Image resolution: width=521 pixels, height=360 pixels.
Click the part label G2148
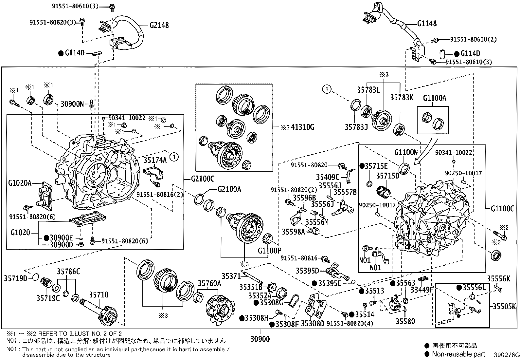coord(159,25)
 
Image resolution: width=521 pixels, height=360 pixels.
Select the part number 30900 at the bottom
coord(260,339)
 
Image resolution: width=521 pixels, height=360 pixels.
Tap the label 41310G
coord(302,127)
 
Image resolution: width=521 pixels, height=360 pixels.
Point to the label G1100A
coord(435,98)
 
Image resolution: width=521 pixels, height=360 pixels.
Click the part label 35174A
coord(155,160)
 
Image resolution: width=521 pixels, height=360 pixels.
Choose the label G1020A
coord(20,183)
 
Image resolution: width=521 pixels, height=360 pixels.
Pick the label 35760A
coord(209,283)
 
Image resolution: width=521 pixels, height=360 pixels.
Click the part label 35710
coord(99,295)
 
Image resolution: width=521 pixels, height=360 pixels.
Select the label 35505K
coord(504,307)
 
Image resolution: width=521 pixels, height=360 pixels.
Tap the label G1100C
coord(502,208)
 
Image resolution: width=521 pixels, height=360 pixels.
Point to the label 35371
coord(231,276)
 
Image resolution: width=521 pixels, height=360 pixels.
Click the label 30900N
coord(72,104)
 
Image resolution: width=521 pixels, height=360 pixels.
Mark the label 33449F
coord(422,290)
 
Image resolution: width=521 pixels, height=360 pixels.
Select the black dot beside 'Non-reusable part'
coord(427,354)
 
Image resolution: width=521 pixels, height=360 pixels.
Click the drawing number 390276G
coord(507,355)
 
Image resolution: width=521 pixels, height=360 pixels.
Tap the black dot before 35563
coord(393,283)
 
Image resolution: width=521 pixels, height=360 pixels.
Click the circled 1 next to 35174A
coord(174,157)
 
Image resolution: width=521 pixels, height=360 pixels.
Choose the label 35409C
coord(328,177)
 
